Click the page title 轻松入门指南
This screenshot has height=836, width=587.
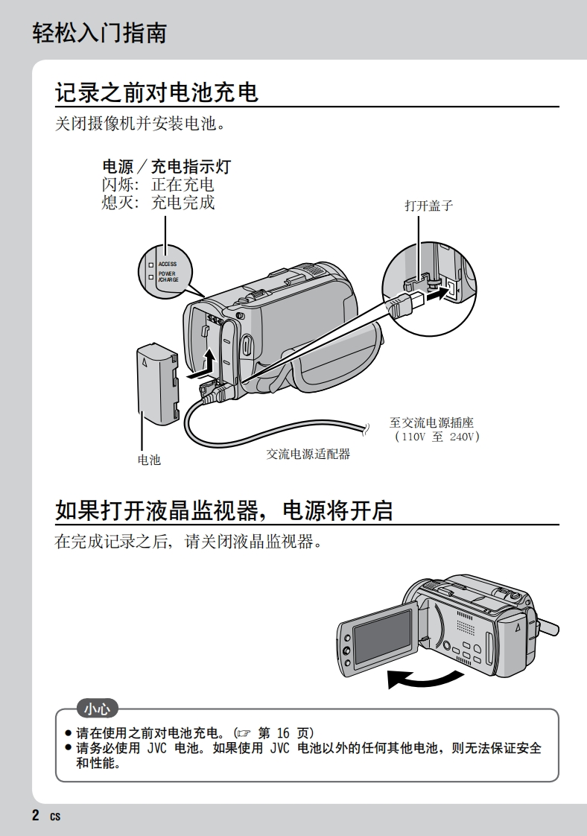point(99,33)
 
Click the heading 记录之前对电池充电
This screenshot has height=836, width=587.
point(156,92)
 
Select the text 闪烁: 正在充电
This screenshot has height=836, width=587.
point(157,184)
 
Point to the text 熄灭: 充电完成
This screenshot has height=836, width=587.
point(157,202)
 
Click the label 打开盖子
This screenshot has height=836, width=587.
point(428,206)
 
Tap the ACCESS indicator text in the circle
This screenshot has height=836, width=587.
point(167,264)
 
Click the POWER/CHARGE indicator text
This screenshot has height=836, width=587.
point(168,276)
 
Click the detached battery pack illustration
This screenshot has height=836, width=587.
point(158,384)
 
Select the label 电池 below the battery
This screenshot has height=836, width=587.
point(149,460)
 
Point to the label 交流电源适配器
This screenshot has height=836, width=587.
point(308,453)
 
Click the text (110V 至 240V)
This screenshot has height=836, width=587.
point(437,437)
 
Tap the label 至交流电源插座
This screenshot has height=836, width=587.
point(431,422)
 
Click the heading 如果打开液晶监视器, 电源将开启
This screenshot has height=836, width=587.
point(223,510)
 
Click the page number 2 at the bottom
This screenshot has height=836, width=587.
point(36,814)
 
